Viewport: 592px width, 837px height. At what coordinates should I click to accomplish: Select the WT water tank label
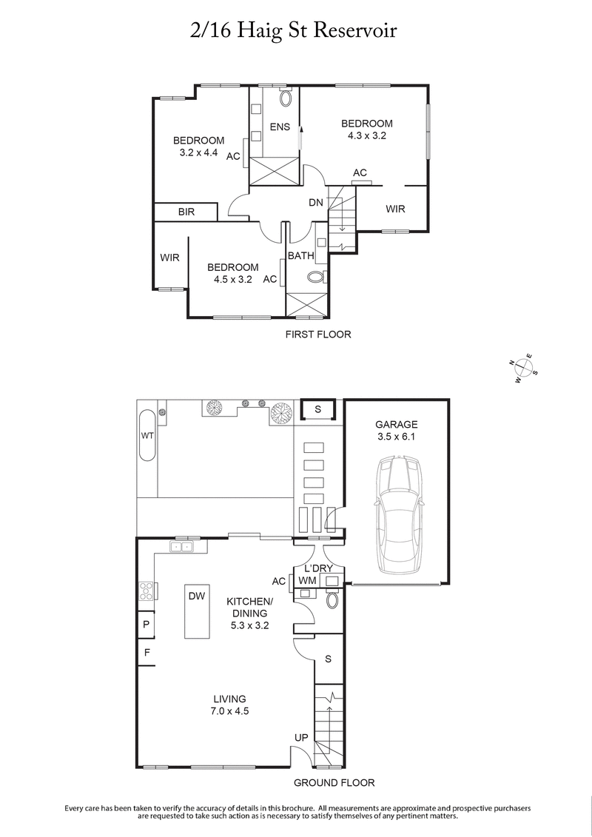147,436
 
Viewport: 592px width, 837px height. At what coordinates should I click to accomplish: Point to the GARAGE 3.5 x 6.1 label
396,431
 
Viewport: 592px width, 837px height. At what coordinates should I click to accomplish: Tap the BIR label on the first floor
186,212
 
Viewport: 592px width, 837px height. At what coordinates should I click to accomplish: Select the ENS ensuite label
280,127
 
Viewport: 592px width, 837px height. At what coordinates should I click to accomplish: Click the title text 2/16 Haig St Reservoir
295,32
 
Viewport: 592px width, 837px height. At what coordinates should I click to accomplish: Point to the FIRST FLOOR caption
318,335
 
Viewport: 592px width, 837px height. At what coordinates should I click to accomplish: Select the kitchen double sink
181,547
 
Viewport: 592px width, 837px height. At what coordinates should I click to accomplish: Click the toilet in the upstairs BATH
316,278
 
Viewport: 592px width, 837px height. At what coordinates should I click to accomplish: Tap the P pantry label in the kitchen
146,625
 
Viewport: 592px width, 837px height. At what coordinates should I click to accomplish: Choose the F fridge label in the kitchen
146,653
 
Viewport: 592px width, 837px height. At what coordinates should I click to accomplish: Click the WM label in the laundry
308,581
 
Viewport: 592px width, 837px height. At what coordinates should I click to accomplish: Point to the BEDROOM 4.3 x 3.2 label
366,130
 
